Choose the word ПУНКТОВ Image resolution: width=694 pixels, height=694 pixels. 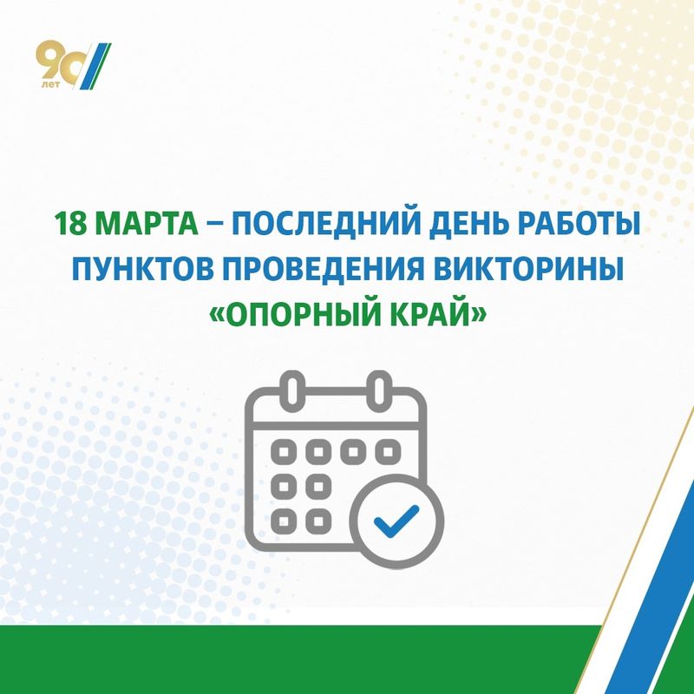coord(146,269)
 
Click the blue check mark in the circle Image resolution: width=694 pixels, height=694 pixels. coord(396,520)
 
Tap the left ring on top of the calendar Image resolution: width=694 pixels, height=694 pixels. coord(292,389)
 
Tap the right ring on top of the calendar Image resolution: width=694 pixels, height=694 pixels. coord(379,389)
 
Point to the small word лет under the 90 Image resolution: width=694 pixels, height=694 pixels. coord(50,84)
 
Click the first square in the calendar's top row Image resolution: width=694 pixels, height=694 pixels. coord(284,452)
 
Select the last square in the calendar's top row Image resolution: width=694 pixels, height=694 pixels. coord(388,452)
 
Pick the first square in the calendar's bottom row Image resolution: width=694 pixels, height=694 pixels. coord(284,521)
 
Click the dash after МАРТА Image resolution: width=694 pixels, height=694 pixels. coord(214,225)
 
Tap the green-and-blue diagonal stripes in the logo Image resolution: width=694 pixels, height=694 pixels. coord(95,67)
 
